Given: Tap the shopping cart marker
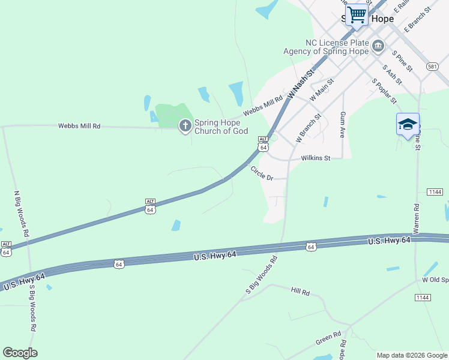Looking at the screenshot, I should [x=357, y=14].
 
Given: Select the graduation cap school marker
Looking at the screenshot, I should [x=408, y=125].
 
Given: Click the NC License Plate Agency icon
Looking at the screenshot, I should [x=378, y=46].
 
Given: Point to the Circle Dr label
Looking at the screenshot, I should [x=262, y=173].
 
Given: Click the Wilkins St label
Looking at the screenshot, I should [x=316, y=158].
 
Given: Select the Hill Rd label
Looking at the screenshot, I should [x=300, y=292].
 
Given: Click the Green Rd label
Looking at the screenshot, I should [x=328, y=338].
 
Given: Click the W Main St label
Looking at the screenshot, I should [x=321, y=89].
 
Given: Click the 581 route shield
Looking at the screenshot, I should [x=432, y=67].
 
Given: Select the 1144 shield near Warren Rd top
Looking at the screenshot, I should [x=435, y=191].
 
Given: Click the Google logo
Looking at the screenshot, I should [x=20, y=353].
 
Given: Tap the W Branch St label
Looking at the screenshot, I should [x=309, y=127].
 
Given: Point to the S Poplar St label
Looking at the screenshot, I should [x=384, y=91].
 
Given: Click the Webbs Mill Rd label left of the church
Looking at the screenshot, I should [x=79, y=126].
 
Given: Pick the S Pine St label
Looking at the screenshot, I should [x=402, y=61].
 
